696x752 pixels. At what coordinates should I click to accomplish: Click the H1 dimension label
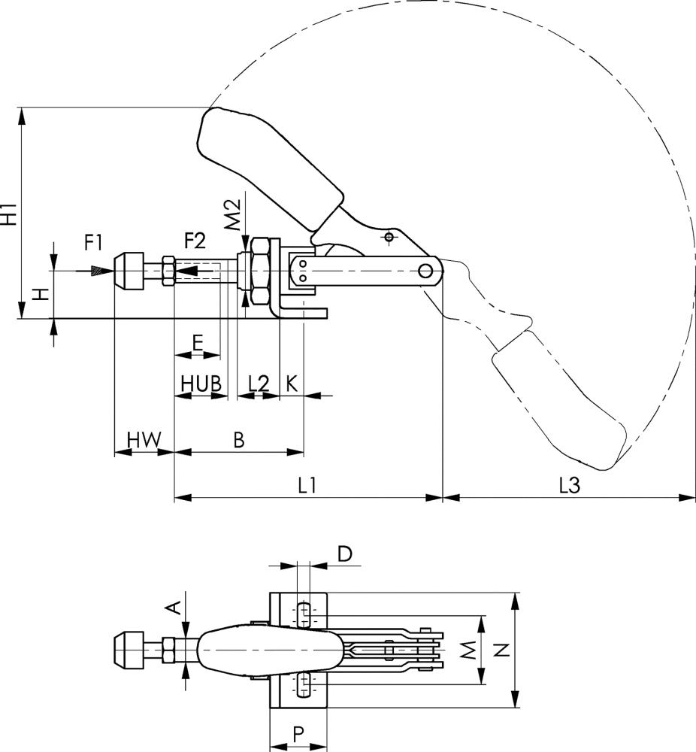pyautogui.click(x=10, y=213)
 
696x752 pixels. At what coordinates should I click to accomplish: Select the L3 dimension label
pyautogui.click(x=569, y=486)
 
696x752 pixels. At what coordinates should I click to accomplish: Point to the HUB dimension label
pyautogui.click(x=200, y=383)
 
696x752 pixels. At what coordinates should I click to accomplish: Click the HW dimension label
pyautogui.click(x=143, y=440)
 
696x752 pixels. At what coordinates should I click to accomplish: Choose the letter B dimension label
pyautogui.click(x=239, y=440)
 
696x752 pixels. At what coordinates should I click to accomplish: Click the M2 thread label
pyautogui.click(x=233, y=214)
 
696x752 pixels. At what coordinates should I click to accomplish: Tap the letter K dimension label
pyautogui.click(x=291, y=383)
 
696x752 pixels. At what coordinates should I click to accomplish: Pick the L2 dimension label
pyautogui.click(x=259, y=383)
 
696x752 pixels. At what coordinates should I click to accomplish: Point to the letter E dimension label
pyautogui.click(x=197, y=343)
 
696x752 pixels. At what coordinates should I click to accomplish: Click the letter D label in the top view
pyautogui.click(x=344, y=554)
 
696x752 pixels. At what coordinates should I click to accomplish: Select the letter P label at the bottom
pyautogui.click(x=298, y=734)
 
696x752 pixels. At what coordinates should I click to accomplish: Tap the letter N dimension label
pyautogui.click(x=504, y=650)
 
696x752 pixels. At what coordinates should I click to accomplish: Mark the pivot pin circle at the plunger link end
pyautogui.click(x=428, y=270)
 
